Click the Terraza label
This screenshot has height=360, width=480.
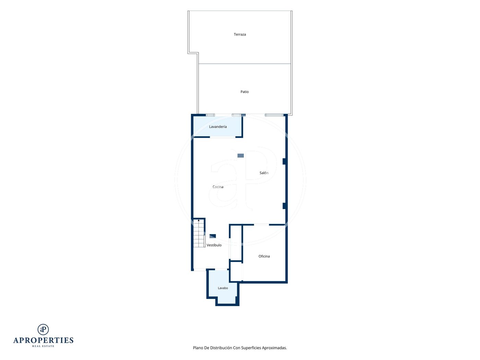240,34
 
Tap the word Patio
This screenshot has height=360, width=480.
244,92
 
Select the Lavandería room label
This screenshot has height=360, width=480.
218,127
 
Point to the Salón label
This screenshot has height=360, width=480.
264,173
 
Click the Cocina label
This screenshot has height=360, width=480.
218,187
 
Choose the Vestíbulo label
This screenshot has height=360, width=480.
214,245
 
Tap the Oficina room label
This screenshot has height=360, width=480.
264,256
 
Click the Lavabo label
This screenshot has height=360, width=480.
223,288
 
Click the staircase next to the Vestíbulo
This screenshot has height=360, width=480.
199,233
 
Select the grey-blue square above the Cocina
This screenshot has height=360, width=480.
241,156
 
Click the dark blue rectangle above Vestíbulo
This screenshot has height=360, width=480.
213,236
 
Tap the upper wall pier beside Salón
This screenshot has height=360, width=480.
284,161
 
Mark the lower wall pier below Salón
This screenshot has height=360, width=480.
284,206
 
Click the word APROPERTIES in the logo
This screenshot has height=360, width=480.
43,340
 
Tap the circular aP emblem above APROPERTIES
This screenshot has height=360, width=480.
43,329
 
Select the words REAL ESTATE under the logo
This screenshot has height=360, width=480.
43,346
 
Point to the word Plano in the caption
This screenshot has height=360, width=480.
198,348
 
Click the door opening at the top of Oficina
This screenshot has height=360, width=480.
261,225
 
